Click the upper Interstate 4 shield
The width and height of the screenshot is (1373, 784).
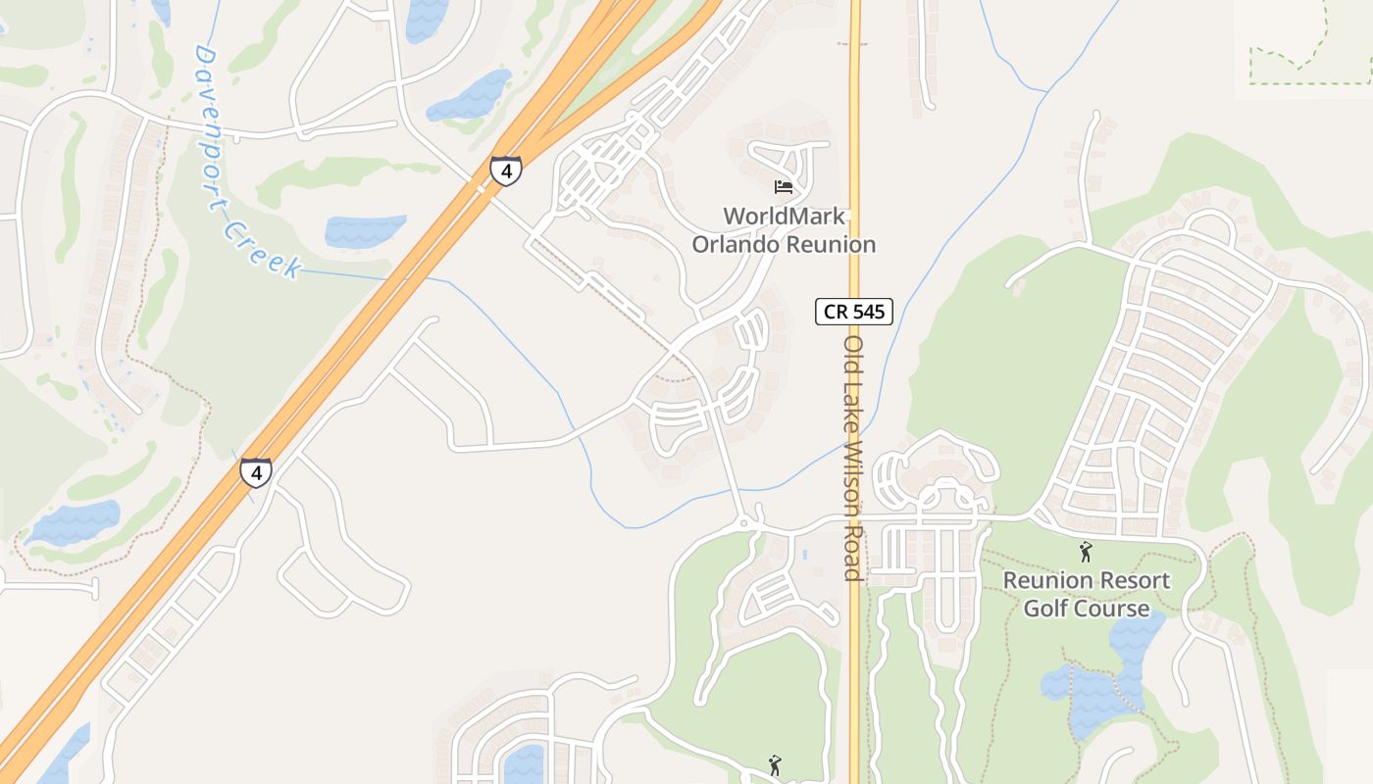pyautogui.click(x=506, y=171)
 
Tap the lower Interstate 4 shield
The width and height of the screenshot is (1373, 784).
pyautogui.click(x=256, y=473)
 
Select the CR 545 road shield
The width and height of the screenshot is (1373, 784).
pyautogui.click(x=854, y=313)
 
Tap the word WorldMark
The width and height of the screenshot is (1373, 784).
pyautogui.click(x=784, y=216)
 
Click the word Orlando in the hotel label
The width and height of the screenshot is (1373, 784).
pyautogui.click(x=742, y=244)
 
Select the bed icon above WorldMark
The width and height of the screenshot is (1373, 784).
pyautogui.click(x=783, y=186)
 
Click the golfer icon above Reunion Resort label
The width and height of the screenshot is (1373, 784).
pyautogui.click(x=1085, y=552)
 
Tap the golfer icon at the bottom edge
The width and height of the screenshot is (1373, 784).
pyautogui.click(x=775, y=765)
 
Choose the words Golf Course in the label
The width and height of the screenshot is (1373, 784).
pyautogui.click(x=1086, y=609)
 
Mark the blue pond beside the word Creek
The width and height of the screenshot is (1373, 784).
pyautogui.click(x=365, y=231)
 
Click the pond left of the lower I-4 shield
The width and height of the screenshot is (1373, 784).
pyautogui.click(x=75, y=522)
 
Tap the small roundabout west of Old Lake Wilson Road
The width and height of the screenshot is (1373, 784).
pyautogui.click(x=744, y=523)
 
